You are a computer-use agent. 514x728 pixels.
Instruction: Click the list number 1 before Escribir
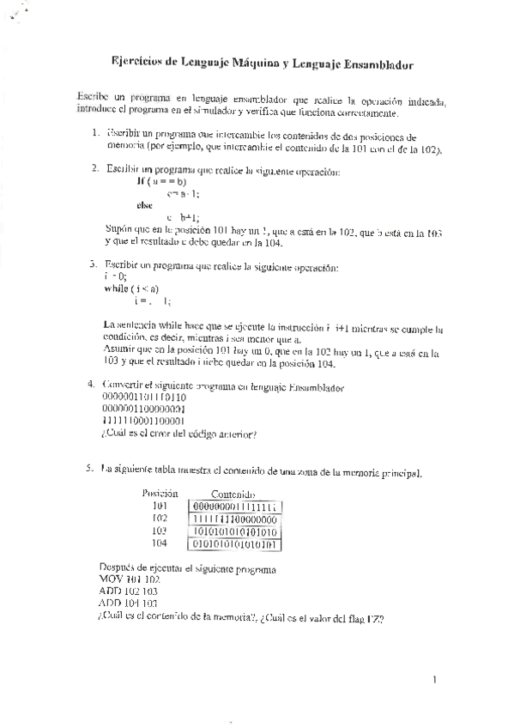94,136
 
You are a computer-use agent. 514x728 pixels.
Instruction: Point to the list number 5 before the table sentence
89,469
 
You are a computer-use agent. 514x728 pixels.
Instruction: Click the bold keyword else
145,205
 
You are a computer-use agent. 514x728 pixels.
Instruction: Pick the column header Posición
160,494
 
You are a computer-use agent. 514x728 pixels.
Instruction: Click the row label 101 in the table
160,507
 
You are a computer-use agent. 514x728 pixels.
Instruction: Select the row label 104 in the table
160,543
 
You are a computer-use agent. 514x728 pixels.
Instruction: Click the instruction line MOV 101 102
129,579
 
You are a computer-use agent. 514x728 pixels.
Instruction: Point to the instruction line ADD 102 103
129,591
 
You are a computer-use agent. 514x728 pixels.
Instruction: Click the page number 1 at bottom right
435,681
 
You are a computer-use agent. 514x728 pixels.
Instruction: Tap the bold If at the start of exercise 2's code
141,181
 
